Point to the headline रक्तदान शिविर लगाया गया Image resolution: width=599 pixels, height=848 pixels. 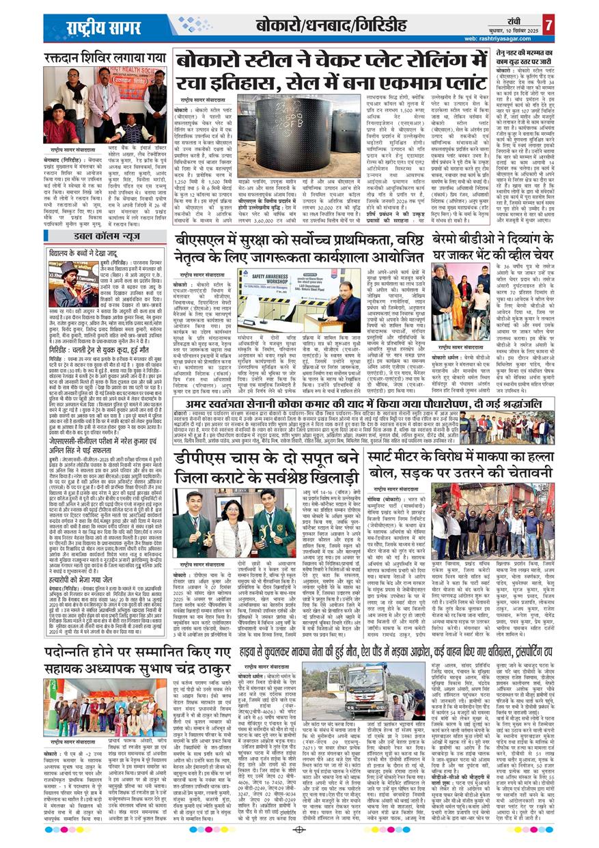pyautogui.click(x=105, y=57)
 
